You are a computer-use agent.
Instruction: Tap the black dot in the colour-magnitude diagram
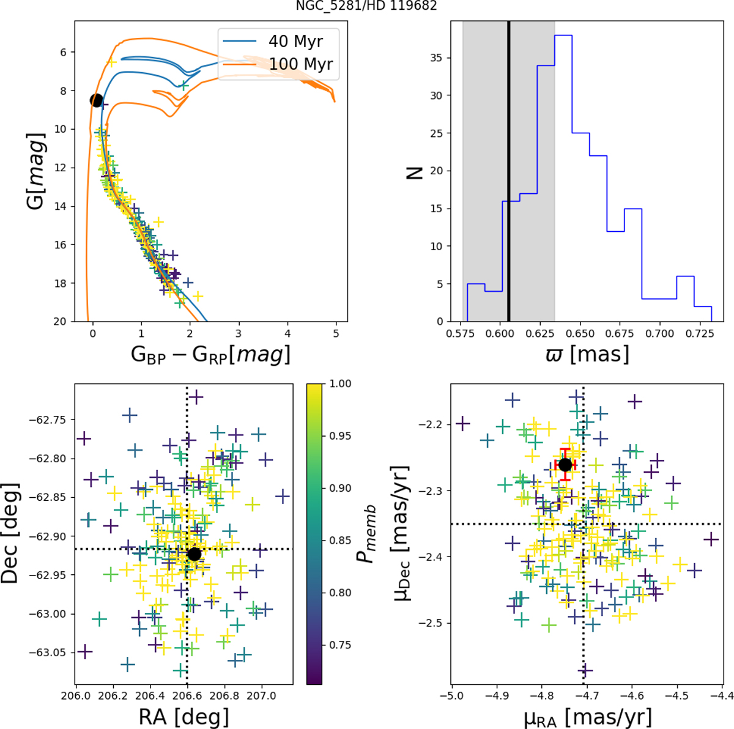[96, 100]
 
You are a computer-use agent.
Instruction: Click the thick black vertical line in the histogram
[508, 171]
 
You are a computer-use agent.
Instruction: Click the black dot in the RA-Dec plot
[194, 554]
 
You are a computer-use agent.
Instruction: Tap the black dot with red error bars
[565, 465]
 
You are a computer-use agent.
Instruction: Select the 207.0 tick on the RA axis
[262, 697]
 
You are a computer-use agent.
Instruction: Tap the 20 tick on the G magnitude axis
[60, 322]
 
